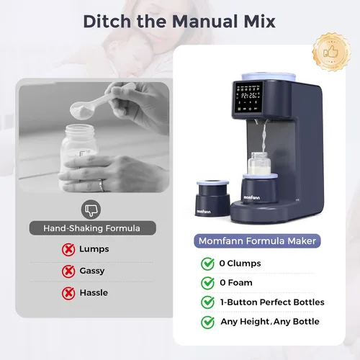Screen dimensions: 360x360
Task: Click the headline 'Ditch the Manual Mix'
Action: point(179,20)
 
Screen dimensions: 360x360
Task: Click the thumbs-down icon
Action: point(90,210)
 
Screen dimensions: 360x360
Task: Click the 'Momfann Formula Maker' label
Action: point(266,242)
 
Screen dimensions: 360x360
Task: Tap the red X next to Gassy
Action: point(68,271)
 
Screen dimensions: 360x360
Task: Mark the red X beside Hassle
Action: point(68,293)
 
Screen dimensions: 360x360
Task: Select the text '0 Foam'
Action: point(236,282)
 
